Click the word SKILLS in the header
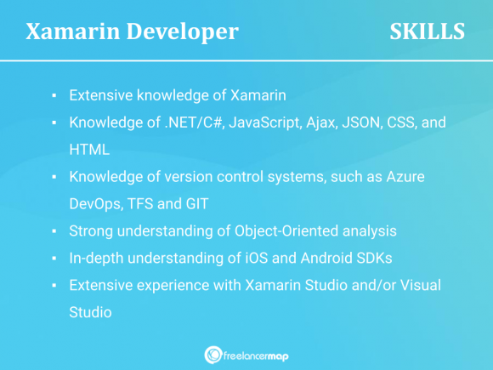(427, 32)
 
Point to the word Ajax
(314, 122)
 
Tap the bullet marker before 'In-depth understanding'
(54, 259)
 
